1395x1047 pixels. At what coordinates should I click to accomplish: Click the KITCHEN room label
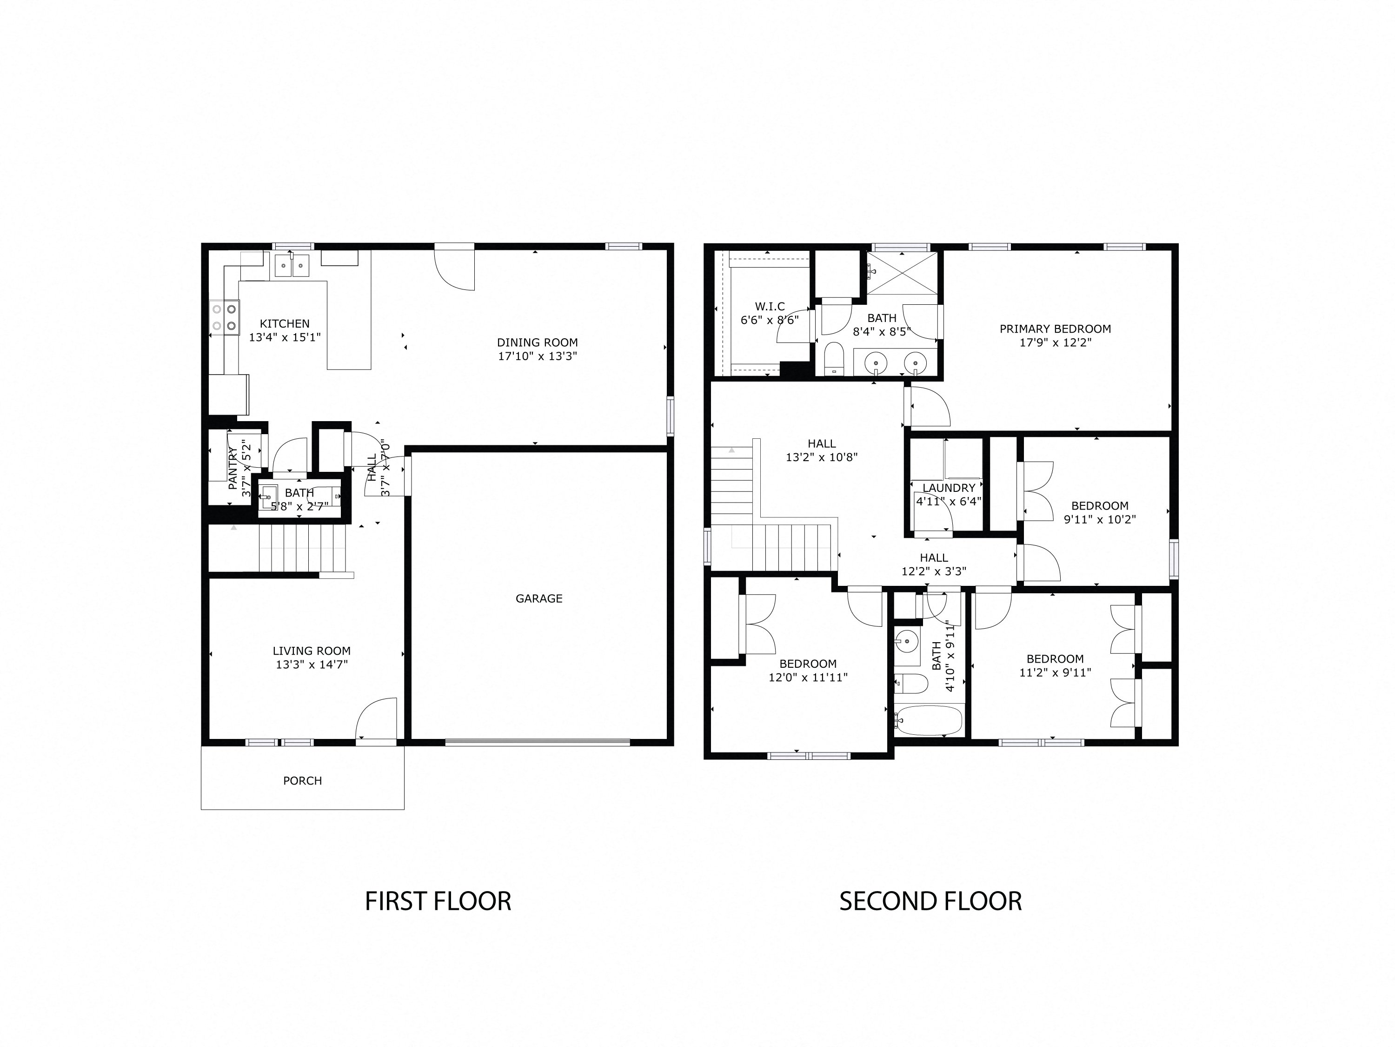285,324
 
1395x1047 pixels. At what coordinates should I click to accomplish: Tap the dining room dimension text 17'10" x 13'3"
538,356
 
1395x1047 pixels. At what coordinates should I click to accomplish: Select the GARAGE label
539,598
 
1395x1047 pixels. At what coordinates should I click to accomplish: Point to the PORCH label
303,781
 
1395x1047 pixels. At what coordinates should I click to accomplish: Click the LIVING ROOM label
312,651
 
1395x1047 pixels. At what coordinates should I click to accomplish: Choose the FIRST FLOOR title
438,901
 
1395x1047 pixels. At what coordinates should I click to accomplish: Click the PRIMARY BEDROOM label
1055,329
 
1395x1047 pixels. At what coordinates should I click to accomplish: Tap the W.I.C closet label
770,307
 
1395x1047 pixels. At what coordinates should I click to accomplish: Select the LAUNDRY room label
949,488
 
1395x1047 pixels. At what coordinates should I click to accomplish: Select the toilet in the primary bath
834,359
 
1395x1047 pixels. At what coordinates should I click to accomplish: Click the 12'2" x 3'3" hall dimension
934,572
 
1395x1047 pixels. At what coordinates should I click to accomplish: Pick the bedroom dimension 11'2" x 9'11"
1055,673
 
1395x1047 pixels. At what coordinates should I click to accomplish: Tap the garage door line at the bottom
538,742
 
